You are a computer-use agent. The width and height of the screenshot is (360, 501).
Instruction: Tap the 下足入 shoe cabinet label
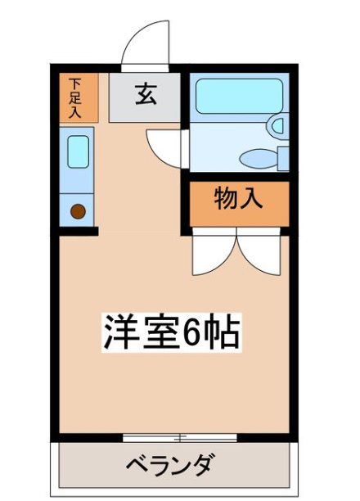[x=75, y=97]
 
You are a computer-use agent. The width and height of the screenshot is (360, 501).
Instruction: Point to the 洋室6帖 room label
[x=171, y=332]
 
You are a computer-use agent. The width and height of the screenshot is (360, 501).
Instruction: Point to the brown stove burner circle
[x=78, y=212]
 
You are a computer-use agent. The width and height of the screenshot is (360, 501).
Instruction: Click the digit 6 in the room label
[x=194, y=332]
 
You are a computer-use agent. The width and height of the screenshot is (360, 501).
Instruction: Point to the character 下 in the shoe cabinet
[x=75, y=83]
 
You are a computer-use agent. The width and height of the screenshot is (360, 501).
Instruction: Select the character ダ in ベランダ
[x=204, y=467]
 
